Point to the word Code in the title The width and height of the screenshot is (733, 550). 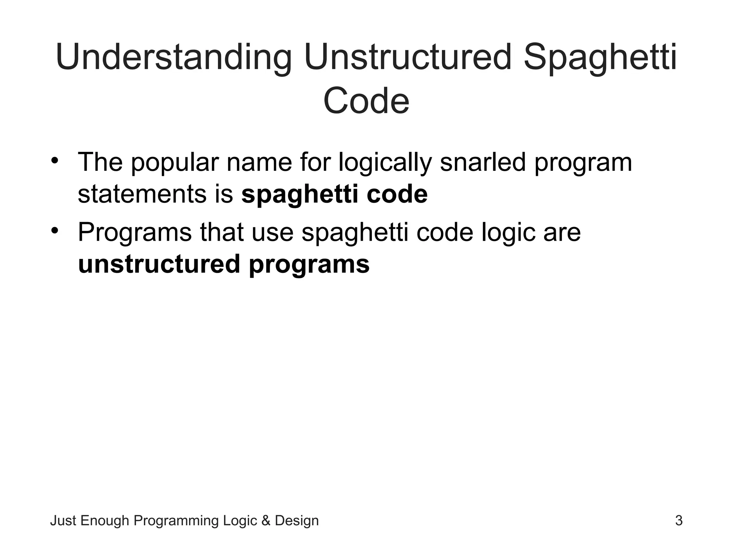[x=366, y=101]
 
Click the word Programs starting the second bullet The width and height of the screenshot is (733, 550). [x=135, y=233]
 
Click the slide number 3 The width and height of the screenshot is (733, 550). [x=679, y=521]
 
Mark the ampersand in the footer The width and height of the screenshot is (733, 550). [x=266, y=521]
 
